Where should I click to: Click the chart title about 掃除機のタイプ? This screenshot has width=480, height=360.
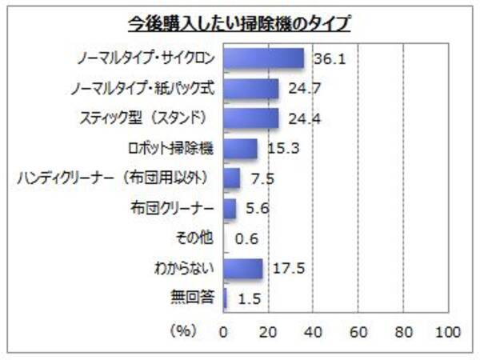pyautogui.click(x=241, y=22)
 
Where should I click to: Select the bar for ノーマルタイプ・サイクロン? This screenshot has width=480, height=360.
pyautogui.click(x=264, y=58)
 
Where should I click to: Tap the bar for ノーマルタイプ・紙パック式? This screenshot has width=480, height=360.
pyautogui.click(x=251, y=88)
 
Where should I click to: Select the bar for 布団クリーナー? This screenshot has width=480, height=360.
pyautogui.click(x=230, y=209)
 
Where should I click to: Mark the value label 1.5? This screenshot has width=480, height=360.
pyautogui.click(x=250, y=299)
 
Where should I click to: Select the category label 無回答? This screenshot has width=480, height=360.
pyautogui.click(x=193, y=299)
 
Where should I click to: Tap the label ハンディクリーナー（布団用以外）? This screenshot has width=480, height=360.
pyautogui.click(x=115, y=178)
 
